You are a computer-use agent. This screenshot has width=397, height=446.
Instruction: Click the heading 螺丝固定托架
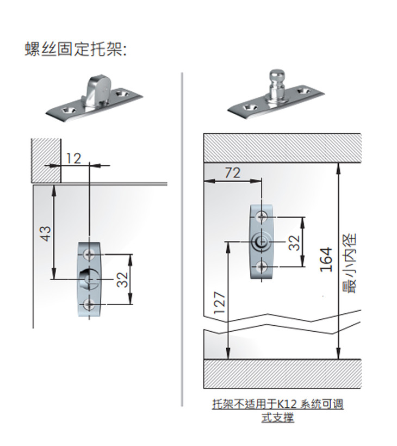click(76, 49)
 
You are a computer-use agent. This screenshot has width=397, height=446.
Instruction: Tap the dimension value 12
click(73, 158)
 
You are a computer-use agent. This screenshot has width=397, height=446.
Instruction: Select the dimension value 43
click(46, 233)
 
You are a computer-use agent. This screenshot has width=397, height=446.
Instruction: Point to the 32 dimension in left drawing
click(122, 280)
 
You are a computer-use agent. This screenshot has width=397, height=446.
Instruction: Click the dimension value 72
click(232, 173)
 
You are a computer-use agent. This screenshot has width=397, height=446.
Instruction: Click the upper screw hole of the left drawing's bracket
click(89, 254)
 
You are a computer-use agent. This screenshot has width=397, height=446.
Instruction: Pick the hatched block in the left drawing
click(45, 160)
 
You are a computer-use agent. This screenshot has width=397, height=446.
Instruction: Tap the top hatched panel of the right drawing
click(282, 147)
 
